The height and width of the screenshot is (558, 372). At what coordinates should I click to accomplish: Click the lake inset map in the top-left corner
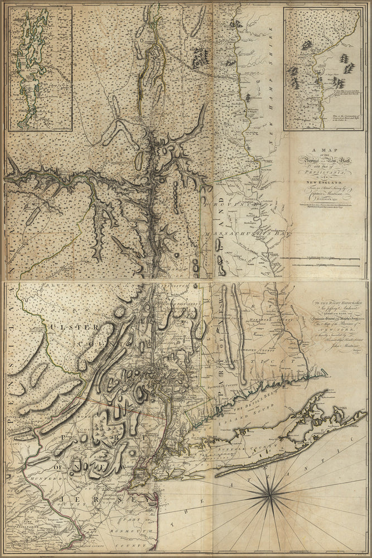coord(40,69)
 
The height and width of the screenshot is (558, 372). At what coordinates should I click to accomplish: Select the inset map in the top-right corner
coord(322,69)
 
